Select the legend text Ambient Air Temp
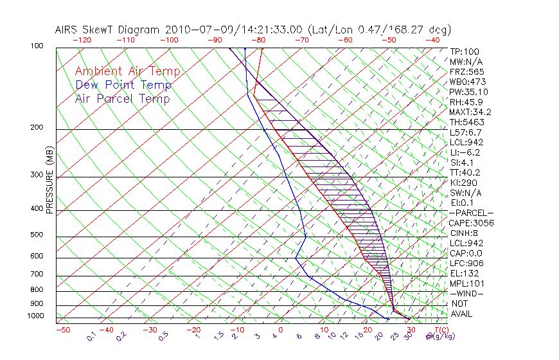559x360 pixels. pos(127,72)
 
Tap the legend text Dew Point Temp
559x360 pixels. pos(123,85)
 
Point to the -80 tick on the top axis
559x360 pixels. pos(258,40)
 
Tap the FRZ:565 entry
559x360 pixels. pos(467,72)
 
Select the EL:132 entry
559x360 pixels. pos(463,273)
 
